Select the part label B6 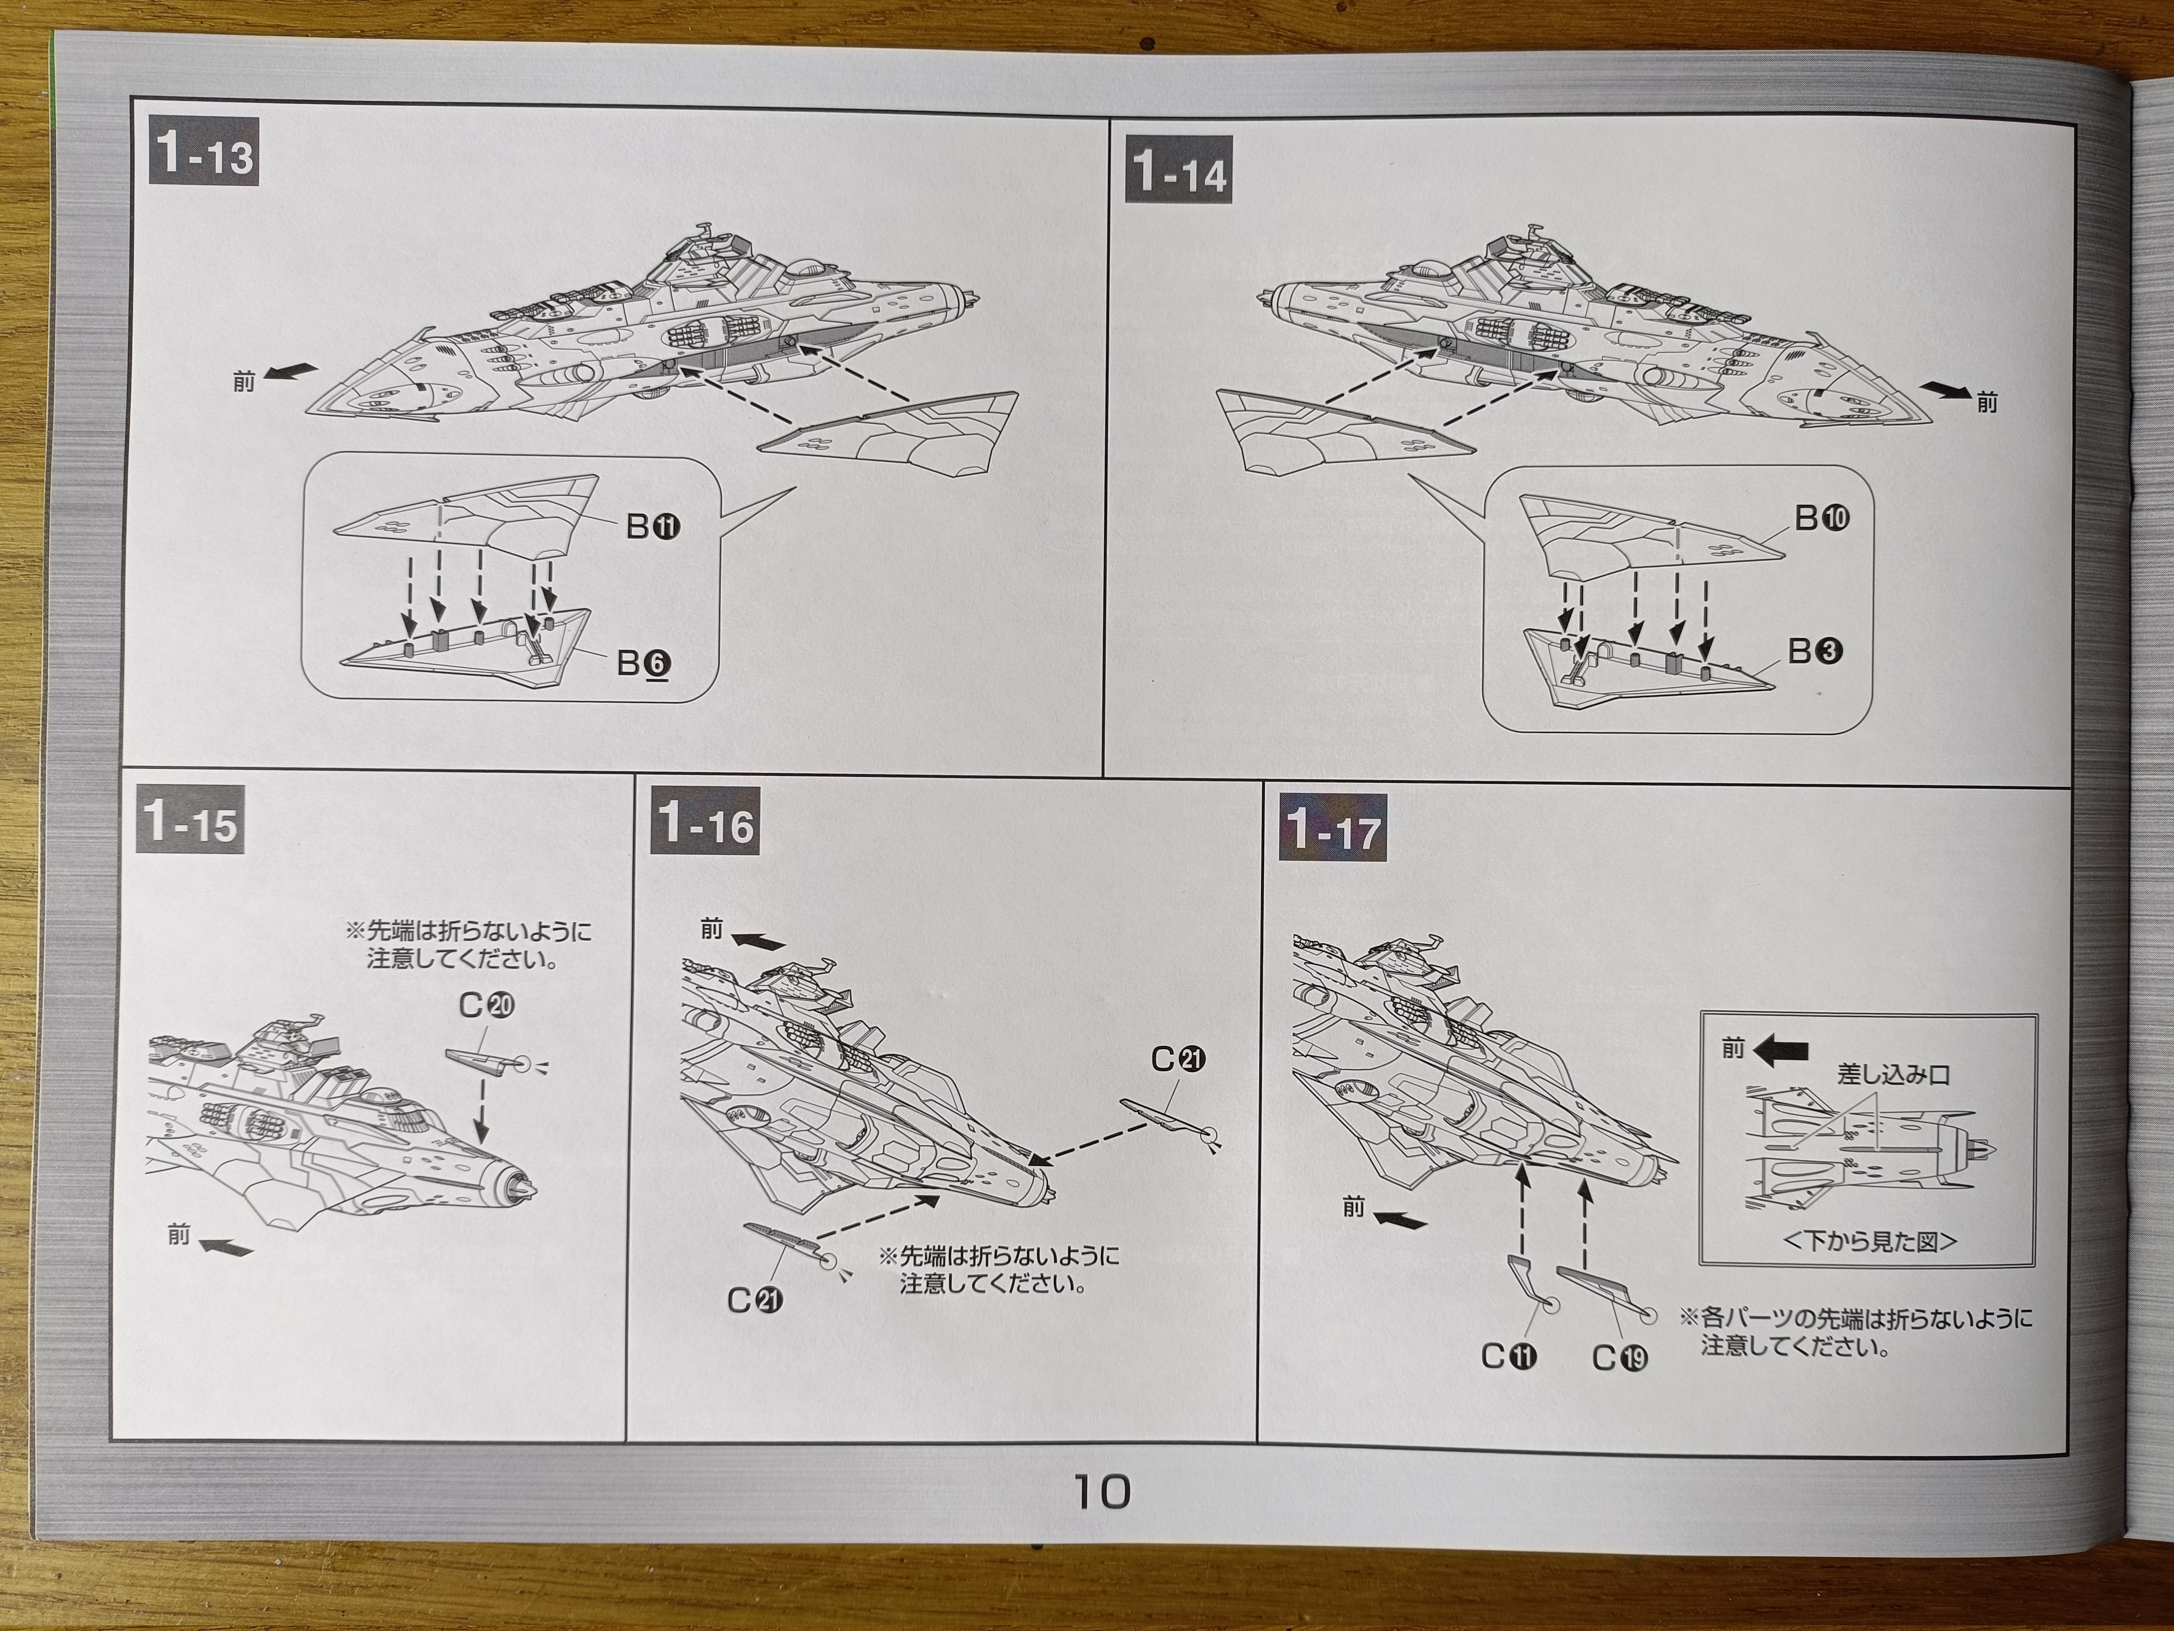pos(644,664)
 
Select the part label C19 pos(1620,1358)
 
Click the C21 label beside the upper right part pos(1178,1059)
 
